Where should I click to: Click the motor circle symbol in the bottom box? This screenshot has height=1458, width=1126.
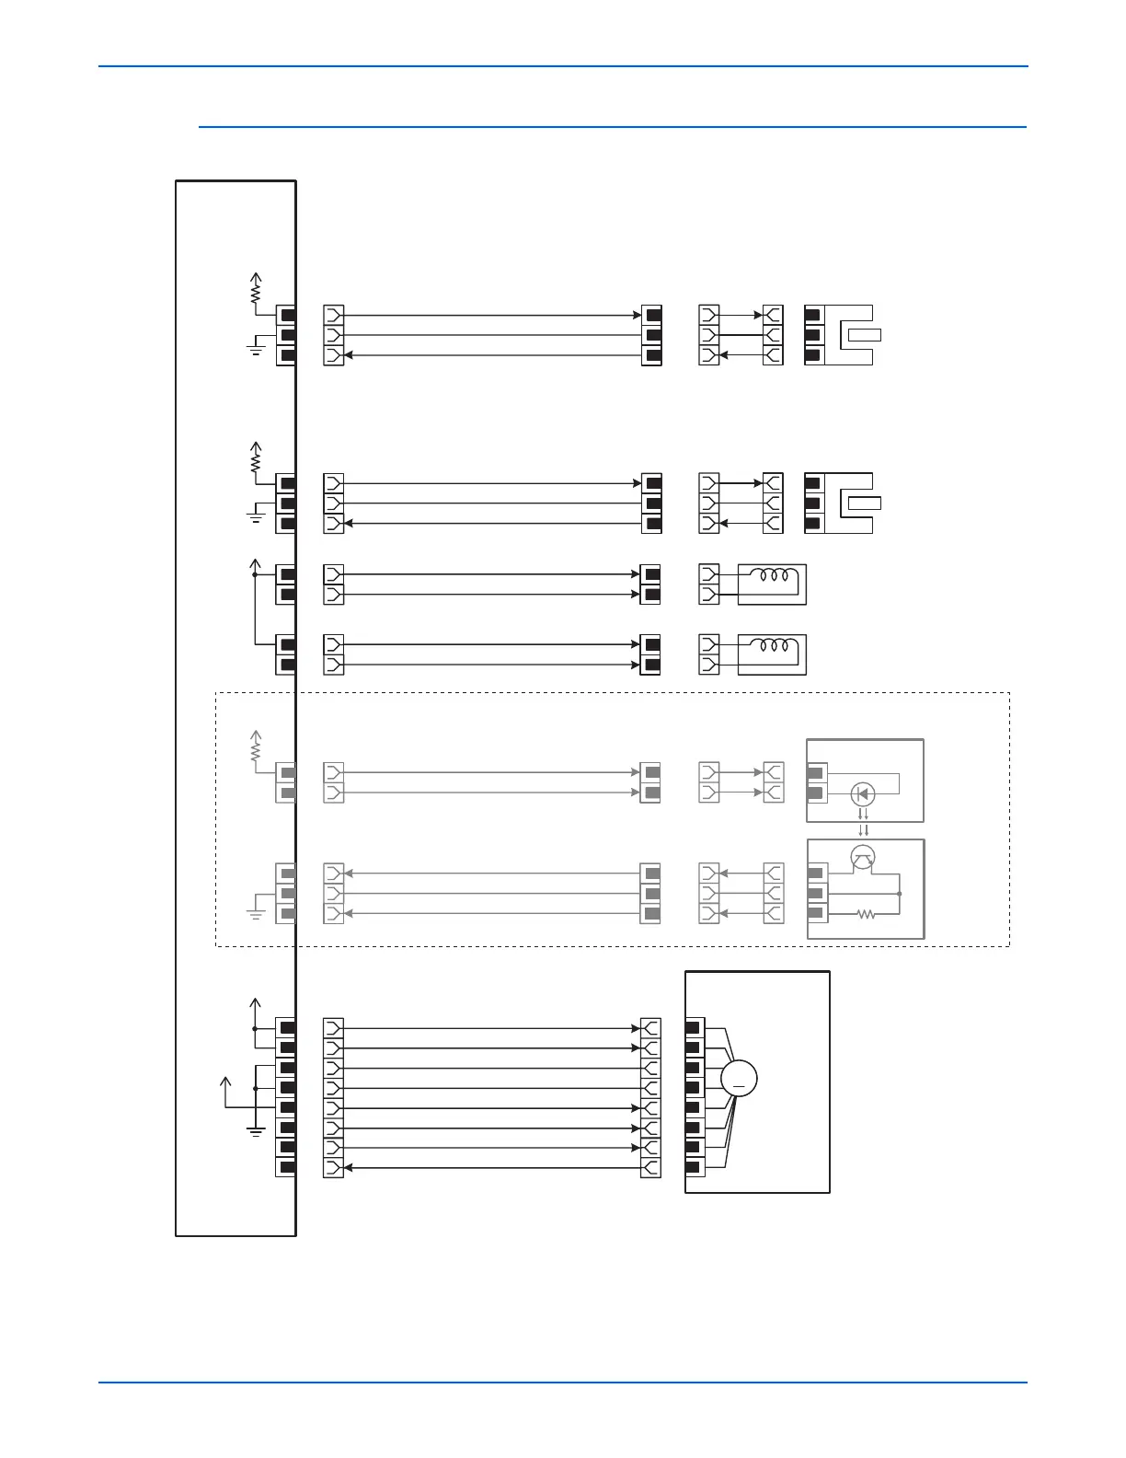pos(739,1079)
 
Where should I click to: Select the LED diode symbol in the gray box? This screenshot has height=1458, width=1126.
pos(862,793)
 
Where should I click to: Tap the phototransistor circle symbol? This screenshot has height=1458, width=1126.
pos(862,858)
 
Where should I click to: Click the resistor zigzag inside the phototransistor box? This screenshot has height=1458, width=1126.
pos(865,914)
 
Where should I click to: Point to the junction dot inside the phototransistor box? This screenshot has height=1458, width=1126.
pos(899,893)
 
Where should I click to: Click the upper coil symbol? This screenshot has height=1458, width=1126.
pos(772,576)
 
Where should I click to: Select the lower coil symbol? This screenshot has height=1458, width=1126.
pos(772,646)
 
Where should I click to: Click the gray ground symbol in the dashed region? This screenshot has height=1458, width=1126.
pos(256,912)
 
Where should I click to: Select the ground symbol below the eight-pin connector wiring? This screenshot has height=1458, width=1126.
pos(256,1130)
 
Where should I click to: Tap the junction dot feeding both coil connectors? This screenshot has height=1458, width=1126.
pos(255,574)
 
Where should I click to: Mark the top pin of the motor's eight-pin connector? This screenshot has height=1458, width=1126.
pos(694,1027)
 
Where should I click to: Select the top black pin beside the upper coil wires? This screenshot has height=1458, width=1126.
pos(652,574)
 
